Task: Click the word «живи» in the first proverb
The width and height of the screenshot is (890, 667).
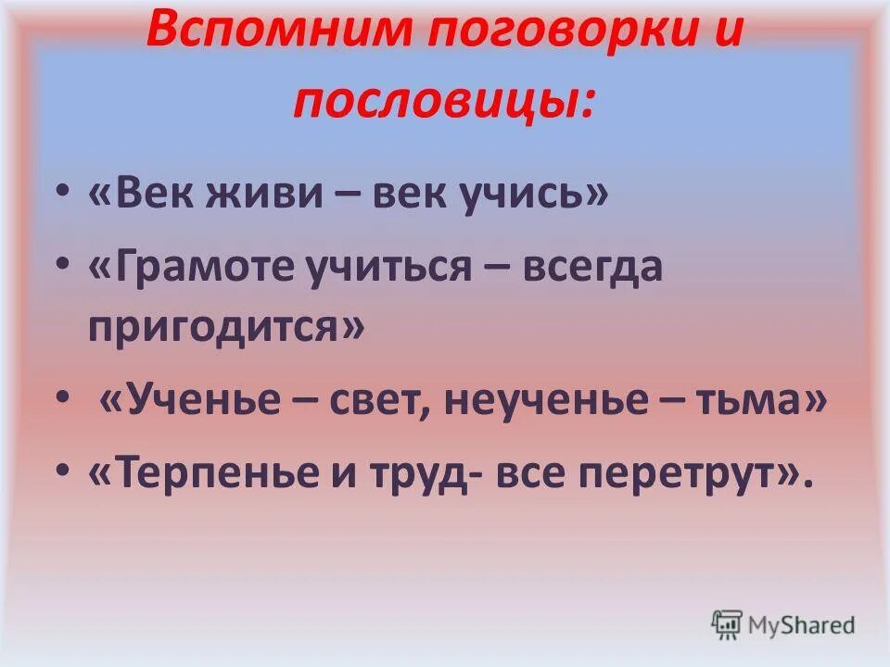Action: click(280, 196)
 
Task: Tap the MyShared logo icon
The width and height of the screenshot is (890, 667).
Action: click(727, 623)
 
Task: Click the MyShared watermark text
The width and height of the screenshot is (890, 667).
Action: click(802, 624)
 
